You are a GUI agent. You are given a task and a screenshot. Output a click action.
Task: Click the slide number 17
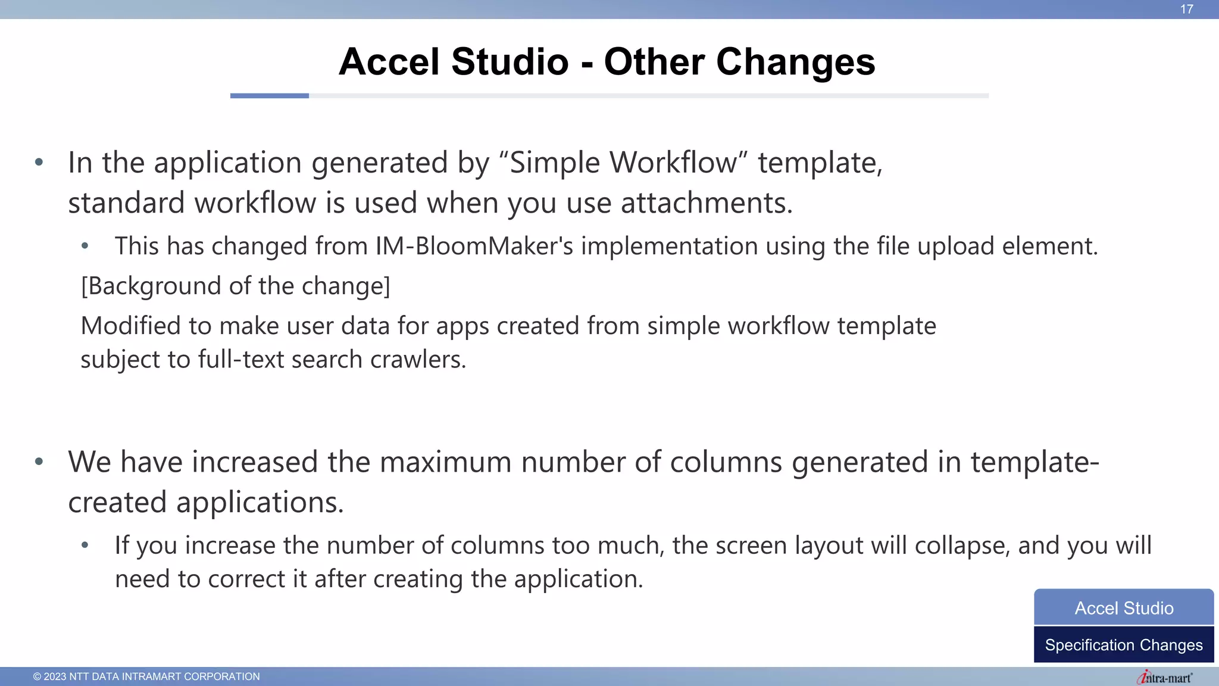(1186, 10)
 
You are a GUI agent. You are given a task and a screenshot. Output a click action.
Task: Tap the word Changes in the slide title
(796, 62)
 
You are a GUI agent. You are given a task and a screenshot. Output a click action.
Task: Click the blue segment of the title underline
(269, 96)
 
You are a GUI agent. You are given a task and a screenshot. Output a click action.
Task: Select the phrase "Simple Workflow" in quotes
(623, 163)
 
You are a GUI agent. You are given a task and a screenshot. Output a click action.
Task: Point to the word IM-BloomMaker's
(474, 246)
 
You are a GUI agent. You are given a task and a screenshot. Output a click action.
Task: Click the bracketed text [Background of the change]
(236, 286)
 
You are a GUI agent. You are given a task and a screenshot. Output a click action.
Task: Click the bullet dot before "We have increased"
(39, 462)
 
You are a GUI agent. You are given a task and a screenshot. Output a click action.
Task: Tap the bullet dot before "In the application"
(39, 162)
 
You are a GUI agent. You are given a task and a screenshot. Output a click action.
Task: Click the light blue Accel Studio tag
(1124, 608)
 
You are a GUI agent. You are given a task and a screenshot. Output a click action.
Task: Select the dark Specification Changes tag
(1124, 645)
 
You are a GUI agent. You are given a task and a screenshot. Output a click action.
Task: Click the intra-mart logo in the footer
(1164, 678)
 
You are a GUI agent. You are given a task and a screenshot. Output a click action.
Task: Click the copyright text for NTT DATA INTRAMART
(146, 676)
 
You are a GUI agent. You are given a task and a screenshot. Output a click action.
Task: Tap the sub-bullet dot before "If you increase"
(85, 545)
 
